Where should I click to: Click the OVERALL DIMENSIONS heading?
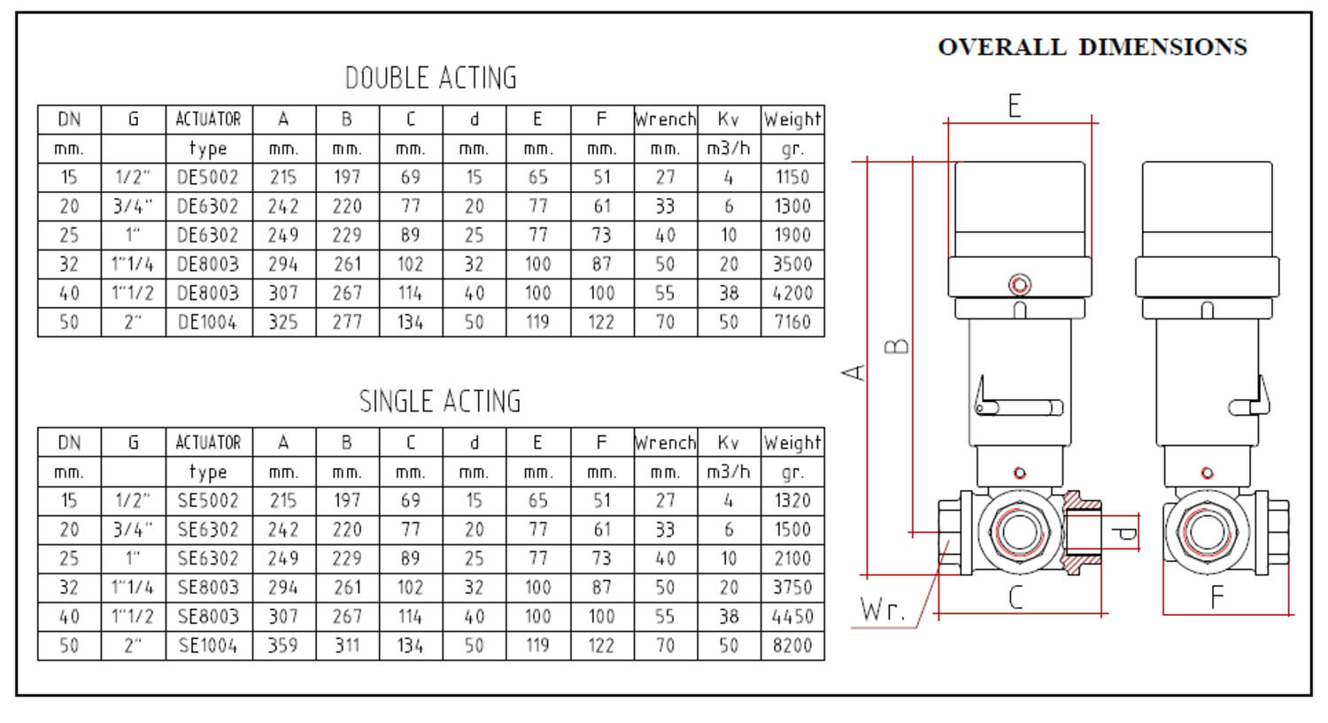(1092, 47)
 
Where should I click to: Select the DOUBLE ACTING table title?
(430, 78)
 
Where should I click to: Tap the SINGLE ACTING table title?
(439, 402)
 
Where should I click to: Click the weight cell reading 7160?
(792, 322)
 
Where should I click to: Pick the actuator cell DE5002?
(208, 177)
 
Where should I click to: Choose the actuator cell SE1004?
(208, 646)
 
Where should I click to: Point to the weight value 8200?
(792, 646)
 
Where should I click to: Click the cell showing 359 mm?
(283, 646)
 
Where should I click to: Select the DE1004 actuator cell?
(208, 322)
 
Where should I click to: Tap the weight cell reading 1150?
(792, 177)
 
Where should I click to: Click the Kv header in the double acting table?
(729, 119)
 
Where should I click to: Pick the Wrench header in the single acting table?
(666, 442)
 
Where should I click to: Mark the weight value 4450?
(792, 617)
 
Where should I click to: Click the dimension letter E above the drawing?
(1015, 106)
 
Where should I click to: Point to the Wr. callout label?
(883, 610)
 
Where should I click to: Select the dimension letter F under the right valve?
(1217, 598)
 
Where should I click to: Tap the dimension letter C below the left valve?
(1015, 598)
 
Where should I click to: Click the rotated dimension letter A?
(853, 372)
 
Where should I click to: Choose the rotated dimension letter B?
(898, 345)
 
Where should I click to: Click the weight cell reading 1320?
(792, 501)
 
